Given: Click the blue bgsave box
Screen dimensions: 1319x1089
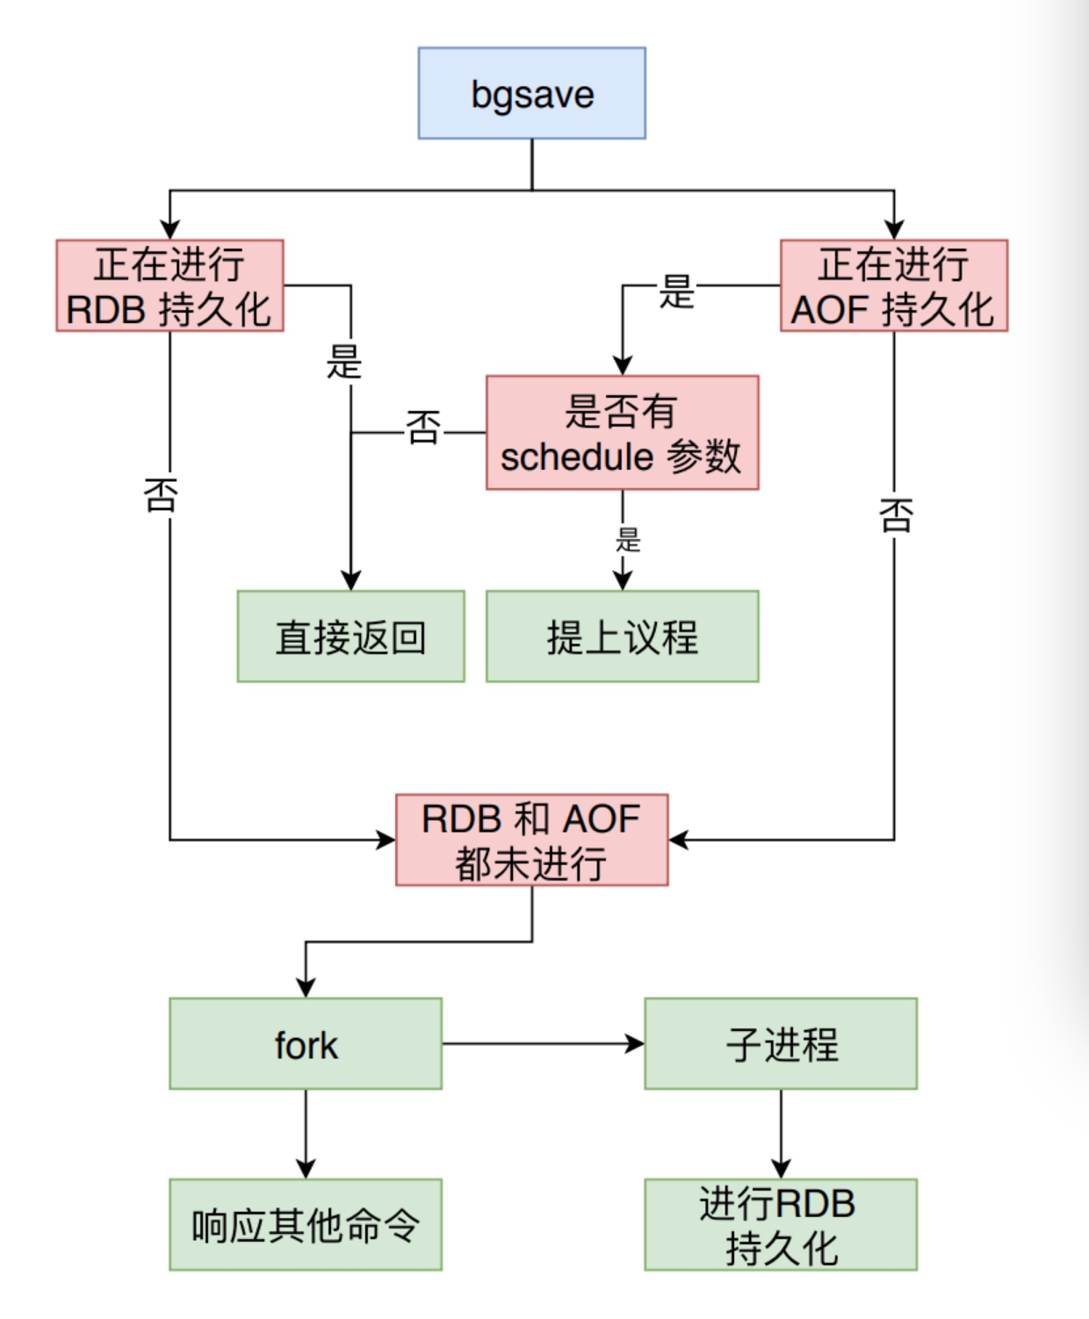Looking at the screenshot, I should tap(531, 93).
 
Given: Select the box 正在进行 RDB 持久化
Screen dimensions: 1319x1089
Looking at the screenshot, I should tap(169, 285).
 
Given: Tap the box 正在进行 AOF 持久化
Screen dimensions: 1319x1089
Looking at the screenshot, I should tap(893, 285).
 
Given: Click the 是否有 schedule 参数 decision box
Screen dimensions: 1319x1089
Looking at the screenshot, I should tap(622, 432).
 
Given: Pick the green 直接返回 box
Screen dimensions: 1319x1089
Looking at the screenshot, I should tap(350, 637).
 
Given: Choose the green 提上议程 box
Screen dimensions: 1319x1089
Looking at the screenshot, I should tap(622, 637).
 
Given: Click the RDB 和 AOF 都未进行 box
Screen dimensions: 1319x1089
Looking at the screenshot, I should tap(531, 840).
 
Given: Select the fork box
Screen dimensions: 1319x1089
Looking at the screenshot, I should tap(305, 1043).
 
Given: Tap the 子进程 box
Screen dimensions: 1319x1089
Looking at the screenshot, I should tap(781, 1043).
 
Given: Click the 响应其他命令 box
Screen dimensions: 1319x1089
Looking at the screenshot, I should tap(305, 1224).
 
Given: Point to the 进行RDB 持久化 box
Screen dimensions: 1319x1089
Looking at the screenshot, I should tap(781, 1224).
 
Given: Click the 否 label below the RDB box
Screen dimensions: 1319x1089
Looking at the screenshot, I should tap(161, 495).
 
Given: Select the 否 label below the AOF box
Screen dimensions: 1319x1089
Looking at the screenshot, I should tap(896, 515).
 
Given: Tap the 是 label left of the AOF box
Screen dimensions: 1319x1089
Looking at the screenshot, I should tap(677, 292).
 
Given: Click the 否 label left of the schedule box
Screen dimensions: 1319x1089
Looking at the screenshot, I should tap(422, 429).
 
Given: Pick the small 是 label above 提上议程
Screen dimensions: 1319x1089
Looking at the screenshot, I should tap(628, 539).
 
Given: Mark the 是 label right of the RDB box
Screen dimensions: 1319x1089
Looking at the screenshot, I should tap(344, 362).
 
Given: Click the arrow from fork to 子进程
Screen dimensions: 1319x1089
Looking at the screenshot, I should tap(542, 1043).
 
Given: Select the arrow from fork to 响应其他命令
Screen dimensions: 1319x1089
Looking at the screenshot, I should tap(306, 1133).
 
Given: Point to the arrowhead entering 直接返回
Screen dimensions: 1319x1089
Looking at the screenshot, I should tap(351, 580).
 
